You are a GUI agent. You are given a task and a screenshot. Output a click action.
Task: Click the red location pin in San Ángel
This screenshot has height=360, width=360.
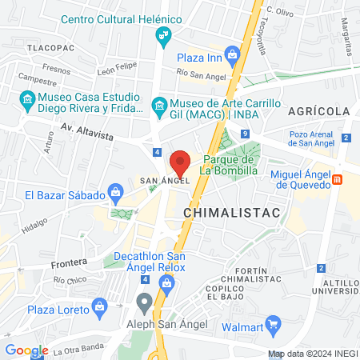coord(180,162)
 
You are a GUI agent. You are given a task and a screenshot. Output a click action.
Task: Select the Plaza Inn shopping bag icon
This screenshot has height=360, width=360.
coord(232,55)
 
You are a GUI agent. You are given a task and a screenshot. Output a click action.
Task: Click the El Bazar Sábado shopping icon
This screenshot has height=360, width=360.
coord(116,192)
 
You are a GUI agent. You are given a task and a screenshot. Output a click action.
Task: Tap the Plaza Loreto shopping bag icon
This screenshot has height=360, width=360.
coord(99,305)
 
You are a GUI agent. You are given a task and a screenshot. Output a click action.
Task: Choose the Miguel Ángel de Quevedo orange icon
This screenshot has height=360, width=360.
coord(338,179)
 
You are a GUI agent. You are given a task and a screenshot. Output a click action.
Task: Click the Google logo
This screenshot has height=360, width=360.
coord(26,350)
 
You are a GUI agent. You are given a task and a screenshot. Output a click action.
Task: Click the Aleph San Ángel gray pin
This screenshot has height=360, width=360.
coord(144,302)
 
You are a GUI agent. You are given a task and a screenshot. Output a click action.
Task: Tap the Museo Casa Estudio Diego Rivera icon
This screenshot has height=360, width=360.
coord(25,100)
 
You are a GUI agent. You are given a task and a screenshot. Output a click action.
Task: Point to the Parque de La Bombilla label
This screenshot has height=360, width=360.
coord(229,164)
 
